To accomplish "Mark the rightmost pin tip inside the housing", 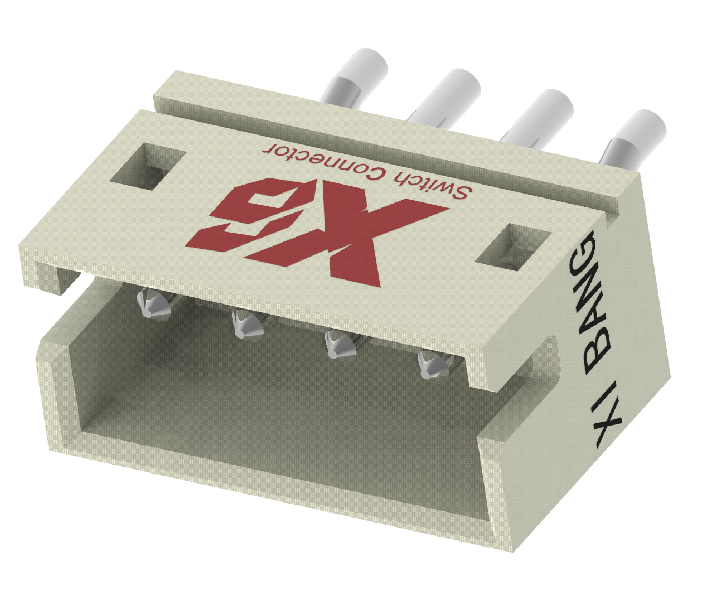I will pos(430,365).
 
